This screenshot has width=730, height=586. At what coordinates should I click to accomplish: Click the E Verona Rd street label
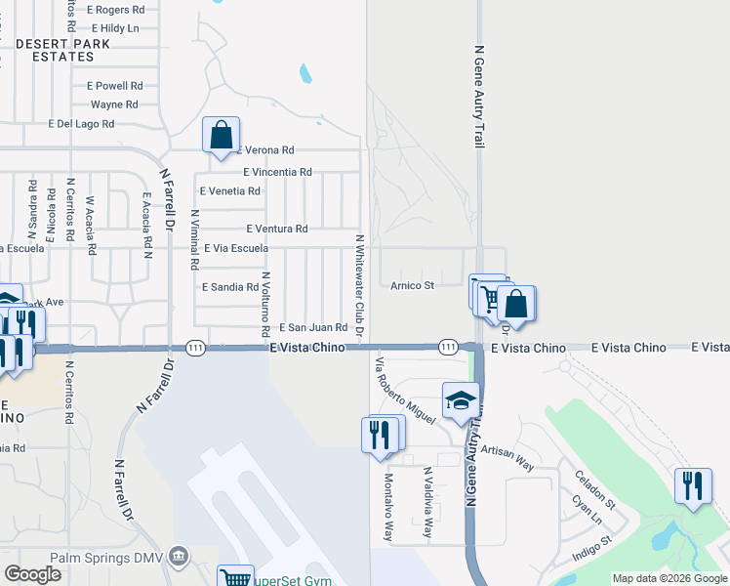264,150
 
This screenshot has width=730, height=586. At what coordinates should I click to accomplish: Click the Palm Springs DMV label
104,558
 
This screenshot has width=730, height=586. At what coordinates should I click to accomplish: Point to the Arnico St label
412,285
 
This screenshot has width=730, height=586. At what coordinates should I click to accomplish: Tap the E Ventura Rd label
277,229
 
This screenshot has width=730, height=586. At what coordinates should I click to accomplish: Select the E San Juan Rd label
313,328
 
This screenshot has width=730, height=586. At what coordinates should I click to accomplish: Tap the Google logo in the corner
32,573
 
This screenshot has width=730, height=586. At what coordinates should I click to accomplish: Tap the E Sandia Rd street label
229,287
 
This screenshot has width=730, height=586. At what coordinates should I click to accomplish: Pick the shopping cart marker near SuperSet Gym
235,578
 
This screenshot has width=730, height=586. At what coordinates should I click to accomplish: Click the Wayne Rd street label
114,105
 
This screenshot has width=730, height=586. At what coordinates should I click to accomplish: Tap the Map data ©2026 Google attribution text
669,578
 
